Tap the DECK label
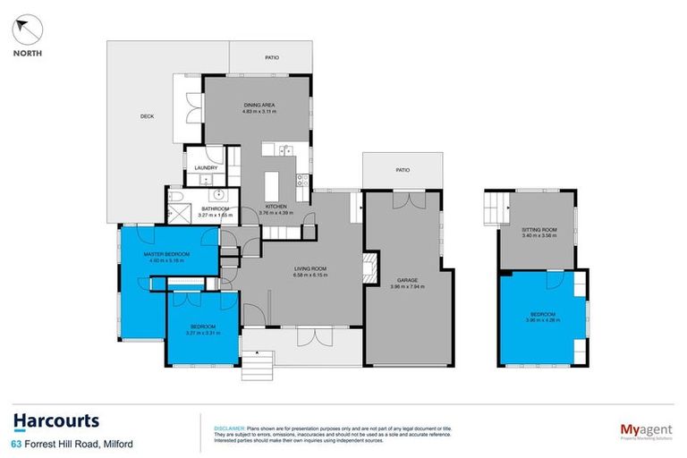pos(148,116)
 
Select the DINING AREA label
pos(259,105)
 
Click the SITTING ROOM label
pos(539,230)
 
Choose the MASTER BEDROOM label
pos(167,255)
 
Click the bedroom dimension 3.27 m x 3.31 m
pos(202,333)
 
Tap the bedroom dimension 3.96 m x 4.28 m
pos(543,320)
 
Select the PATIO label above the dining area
pos(271,58)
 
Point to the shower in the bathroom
pos(175,215)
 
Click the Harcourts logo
pos(55,421)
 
